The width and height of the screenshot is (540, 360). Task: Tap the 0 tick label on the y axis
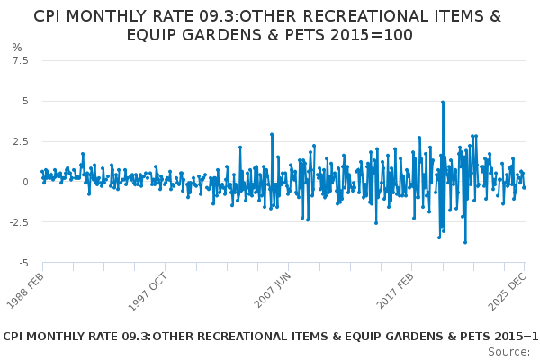[x=26, y=182]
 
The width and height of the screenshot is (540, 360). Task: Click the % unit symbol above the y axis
[x=17, y=47]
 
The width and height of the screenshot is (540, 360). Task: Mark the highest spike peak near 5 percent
[x=443, y=102]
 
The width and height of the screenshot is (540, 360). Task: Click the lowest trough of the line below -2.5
[x=465, y=242]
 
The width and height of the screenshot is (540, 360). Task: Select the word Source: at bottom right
[x=509, y=351]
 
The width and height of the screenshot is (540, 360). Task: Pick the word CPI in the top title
[x=50, y=16]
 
